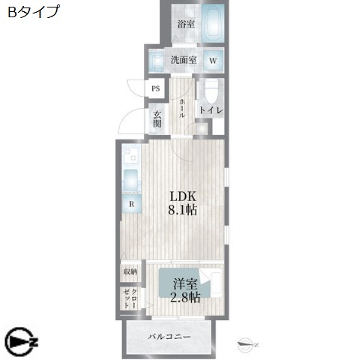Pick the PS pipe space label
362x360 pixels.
click(156, 88)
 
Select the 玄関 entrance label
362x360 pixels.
click(157, 120)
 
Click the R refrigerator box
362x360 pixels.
click(131, 203)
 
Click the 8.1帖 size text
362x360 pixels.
click(182, 211)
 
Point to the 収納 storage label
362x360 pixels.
click(129, 271)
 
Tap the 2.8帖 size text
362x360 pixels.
click(184, 298)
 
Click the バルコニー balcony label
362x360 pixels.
click(169, 337)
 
